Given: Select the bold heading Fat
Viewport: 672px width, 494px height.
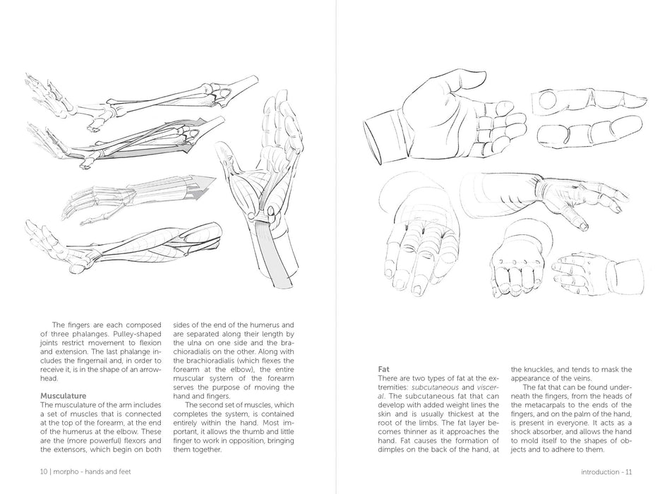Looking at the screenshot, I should (385, 368).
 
